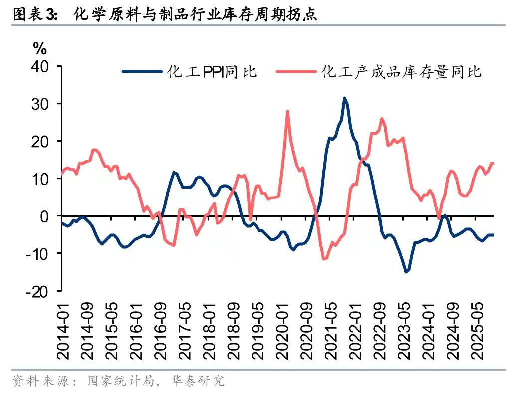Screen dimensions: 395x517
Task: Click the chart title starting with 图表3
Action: tap(165, 14)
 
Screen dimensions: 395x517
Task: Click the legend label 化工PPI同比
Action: tap(212, 72)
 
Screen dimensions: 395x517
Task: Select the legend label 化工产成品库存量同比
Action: tap(402, 72)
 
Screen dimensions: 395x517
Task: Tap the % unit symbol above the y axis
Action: tap(40, 49)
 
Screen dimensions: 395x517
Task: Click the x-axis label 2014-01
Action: tap(63, 329)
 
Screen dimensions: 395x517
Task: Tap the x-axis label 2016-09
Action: tap(161, 329)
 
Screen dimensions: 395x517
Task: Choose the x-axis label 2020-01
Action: tap(283, 329)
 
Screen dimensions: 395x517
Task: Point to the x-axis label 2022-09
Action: tap(381, 329)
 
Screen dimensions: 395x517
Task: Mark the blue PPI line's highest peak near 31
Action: tap(344, 98)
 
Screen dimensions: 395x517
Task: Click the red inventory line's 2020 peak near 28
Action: tap(287, 111)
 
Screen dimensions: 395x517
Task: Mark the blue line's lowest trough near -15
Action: tap(406, 272)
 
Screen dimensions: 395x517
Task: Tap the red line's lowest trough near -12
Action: tap(324, 259)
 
